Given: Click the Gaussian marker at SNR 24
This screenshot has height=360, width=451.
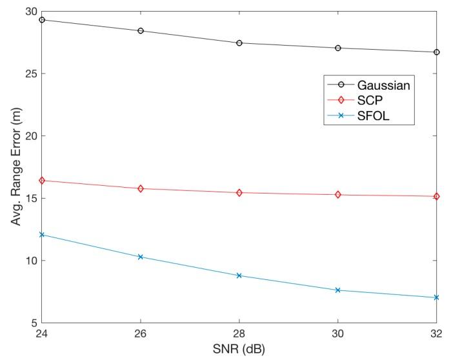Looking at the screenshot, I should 42,20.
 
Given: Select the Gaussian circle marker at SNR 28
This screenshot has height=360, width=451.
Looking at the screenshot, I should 239,43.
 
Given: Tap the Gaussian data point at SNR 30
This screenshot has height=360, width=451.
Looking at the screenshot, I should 338,48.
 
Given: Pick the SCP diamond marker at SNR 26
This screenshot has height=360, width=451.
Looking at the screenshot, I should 141,188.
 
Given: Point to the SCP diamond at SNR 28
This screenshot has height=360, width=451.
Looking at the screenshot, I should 239,193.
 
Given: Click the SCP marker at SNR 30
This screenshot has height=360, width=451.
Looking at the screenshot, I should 338,195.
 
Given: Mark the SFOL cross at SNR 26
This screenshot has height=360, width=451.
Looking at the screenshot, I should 141,257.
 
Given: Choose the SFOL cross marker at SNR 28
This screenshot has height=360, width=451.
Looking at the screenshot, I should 239,275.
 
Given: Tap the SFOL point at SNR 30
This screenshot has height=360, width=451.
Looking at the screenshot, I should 338,290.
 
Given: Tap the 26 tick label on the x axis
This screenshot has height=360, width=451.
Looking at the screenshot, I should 141,335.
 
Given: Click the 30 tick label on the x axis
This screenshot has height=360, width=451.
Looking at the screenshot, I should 338,335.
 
